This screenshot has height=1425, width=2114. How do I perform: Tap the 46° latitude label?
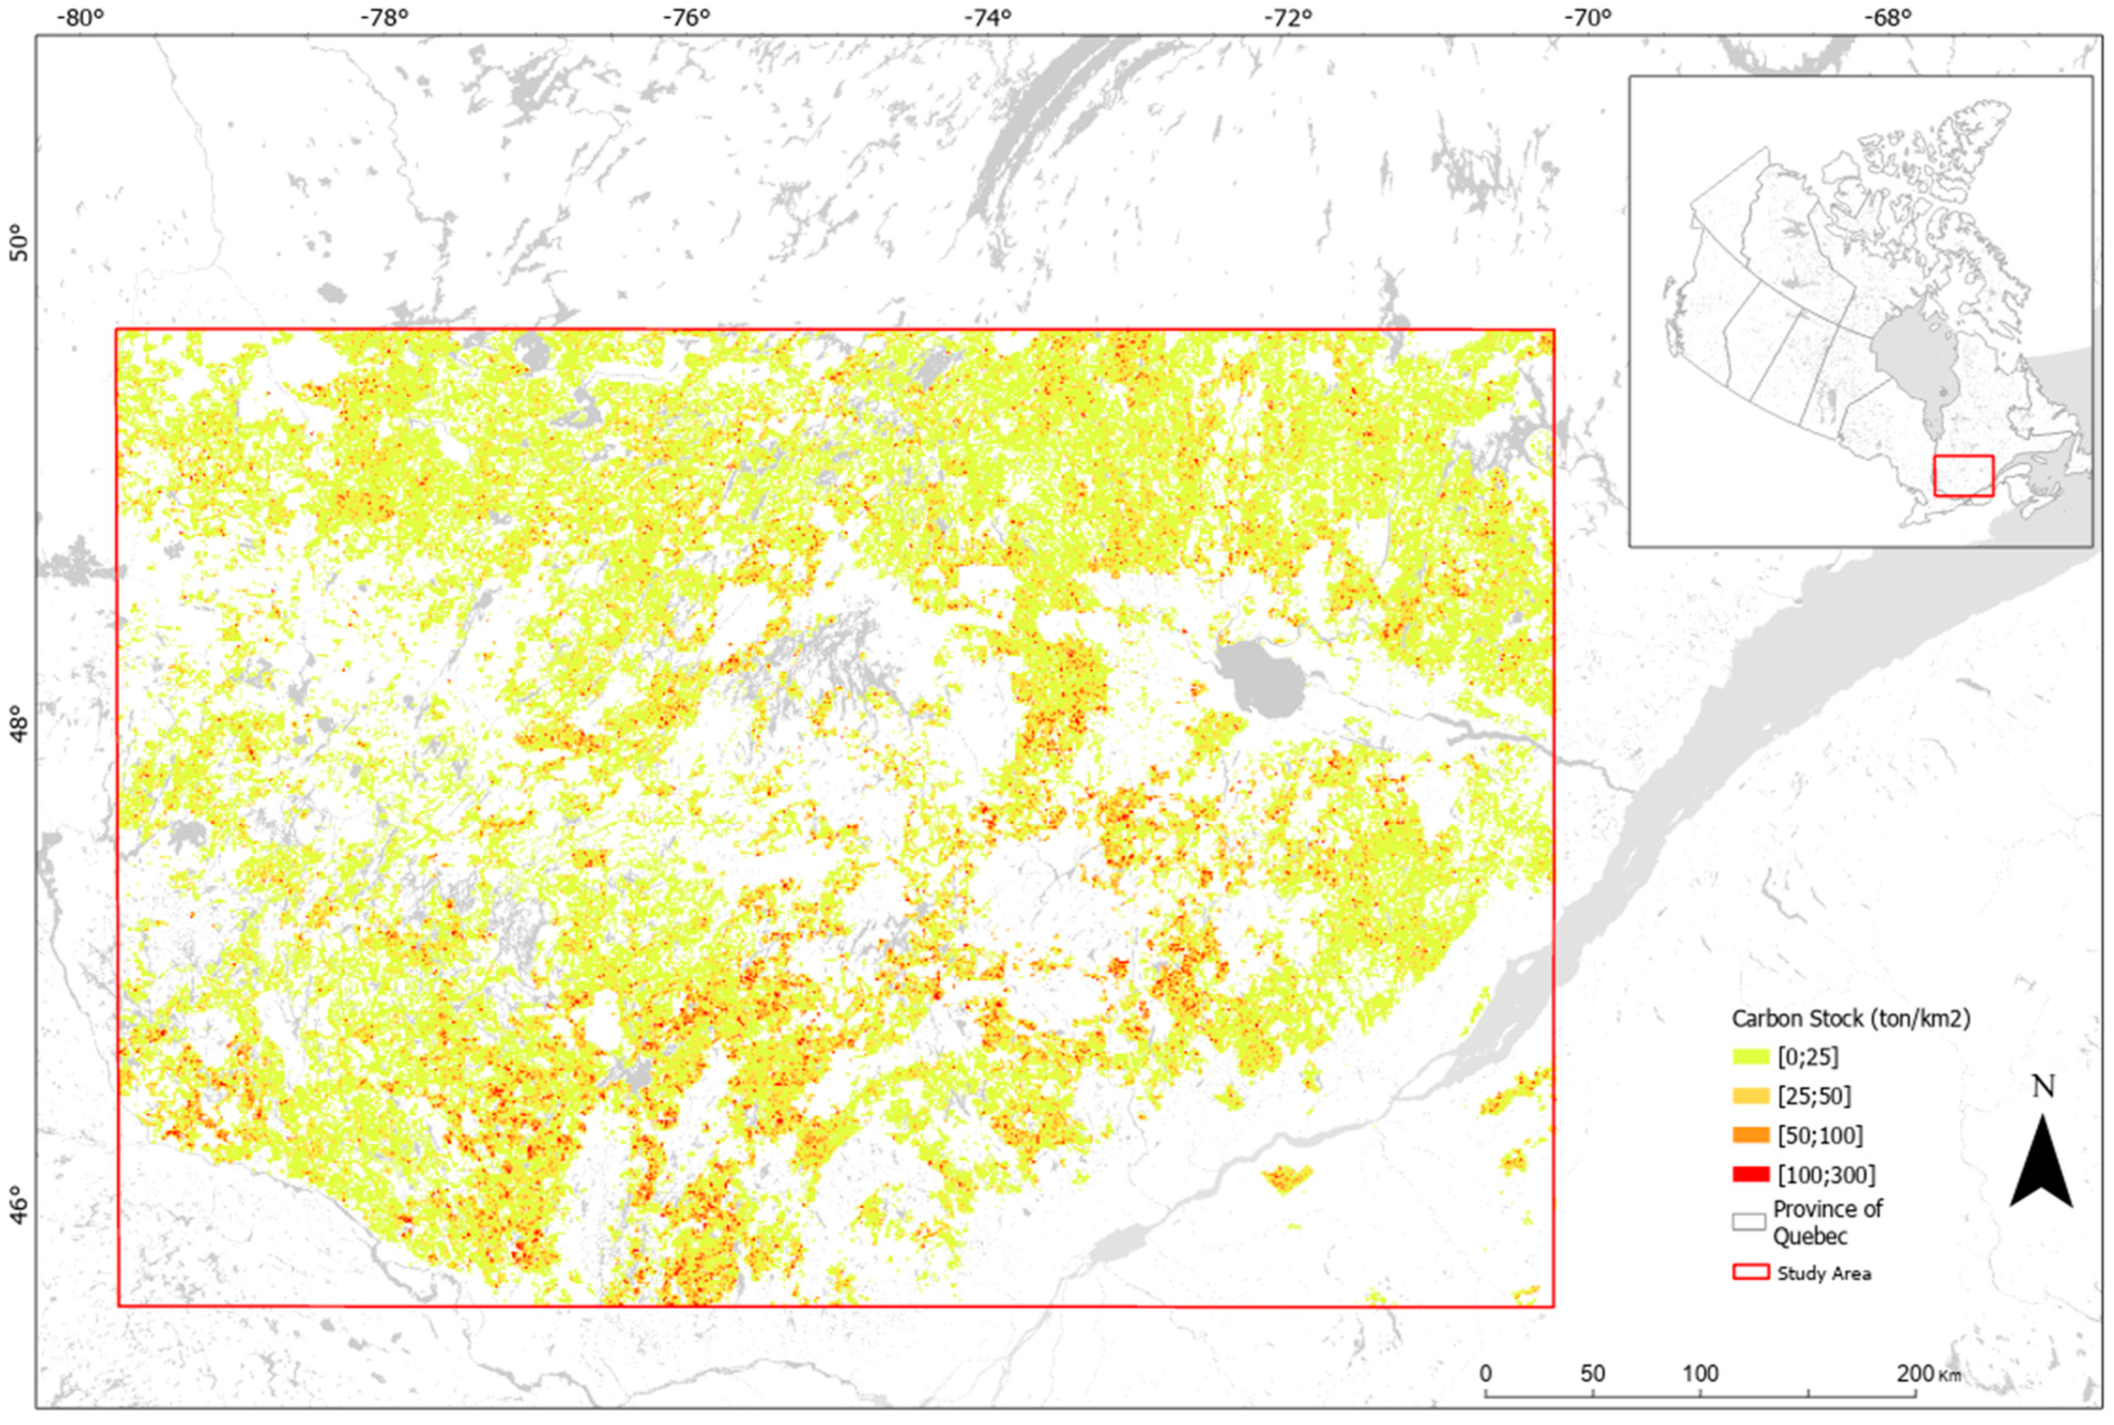[x=18, y=1205]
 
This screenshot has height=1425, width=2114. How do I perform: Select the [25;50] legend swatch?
[x=1750, y=1096]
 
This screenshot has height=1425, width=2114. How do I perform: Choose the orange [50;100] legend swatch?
[x=1750, y=1135]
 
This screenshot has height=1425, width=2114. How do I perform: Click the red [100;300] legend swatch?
[x=1750, y=1174]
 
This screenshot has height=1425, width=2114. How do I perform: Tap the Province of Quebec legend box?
[x=1748, y=1222]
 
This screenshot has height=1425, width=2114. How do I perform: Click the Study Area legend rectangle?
[x=1750, y=1272]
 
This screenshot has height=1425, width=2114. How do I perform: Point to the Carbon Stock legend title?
[x=1850, y=1019]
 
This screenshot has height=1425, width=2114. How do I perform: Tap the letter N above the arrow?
[x=2042, y=1086]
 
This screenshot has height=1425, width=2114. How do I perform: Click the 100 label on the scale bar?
[x=1699, y=1373]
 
